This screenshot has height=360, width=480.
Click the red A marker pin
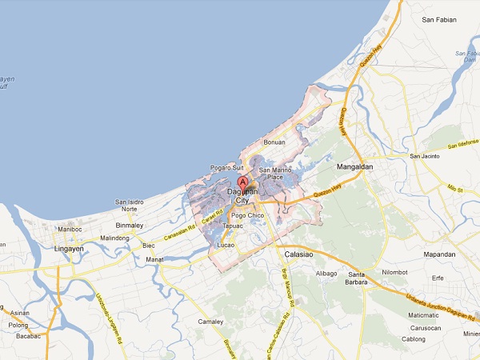point(243,182)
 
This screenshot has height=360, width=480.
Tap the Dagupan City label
point(243,196)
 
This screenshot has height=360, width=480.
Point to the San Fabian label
point(441,18)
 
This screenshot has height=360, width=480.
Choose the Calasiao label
point(302,254)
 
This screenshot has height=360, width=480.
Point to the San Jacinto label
point(426,156)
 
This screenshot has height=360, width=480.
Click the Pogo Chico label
point(246,216)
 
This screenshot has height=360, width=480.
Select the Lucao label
point(226,245)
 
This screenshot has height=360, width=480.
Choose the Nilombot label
point(394,273)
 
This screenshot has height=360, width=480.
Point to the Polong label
point(18,326)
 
